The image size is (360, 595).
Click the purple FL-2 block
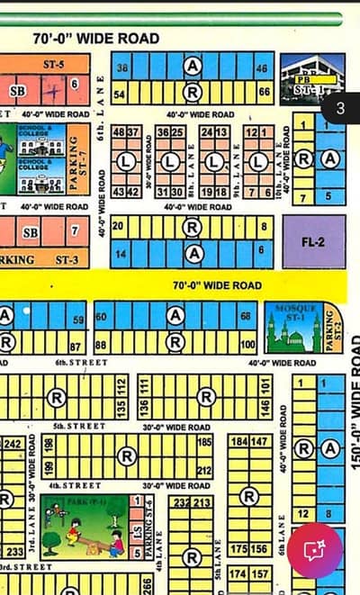(x=313, y=241)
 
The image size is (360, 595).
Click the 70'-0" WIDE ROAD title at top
(x=96, y=39)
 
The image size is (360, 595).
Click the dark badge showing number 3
(x=339, y=108)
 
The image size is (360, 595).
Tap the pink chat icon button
(x=314, y=549)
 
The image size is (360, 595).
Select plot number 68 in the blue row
(x=246, y=316)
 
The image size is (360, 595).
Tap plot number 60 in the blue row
(x=101, y=316)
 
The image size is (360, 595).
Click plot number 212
(x=204, y=469)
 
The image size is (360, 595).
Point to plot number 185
(x=204, y=442)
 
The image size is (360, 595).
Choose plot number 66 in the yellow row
(x=264, y=91)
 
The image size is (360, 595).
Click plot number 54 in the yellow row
(x=119, y=91)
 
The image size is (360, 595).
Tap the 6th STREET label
(x=81, y=363)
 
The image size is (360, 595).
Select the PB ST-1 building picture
(x=311, y=79)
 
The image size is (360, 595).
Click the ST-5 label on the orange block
(x=53, y=64)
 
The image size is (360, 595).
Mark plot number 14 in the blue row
(x=119, y=256)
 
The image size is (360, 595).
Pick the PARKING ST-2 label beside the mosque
(x=331, y=328)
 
